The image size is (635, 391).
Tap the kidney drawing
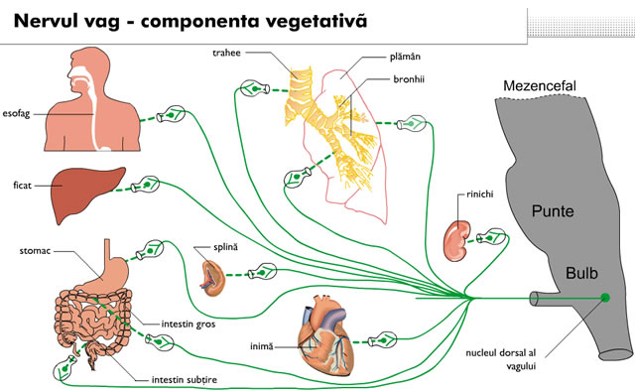click(457, 241)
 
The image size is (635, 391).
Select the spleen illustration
click(213, 278)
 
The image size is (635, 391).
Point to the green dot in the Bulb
click(605, 298)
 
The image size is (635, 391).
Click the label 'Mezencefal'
click(540, 86)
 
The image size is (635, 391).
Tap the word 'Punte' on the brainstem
click(553, 211)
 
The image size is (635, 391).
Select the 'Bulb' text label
click(581, 273)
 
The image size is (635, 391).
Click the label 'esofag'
click(16, 114)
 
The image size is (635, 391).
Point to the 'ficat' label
click(22, 186)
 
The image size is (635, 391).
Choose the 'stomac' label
click(36, 251)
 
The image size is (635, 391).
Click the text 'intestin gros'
click(189, 325)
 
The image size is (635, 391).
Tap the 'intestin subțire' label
click(185, 380)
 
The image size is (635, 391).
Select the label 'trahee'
click(227, 53)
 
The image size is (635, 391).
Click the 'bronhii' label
click(409, 79)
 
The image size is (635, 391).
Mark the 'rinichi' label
click(480, 195)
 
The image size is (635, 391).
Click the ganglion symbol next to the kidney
click(492, 237)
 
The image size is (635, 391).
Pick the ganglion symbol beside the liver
click(145, 185)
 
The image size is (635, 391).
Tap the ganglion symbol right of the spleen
click(262, 272)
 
